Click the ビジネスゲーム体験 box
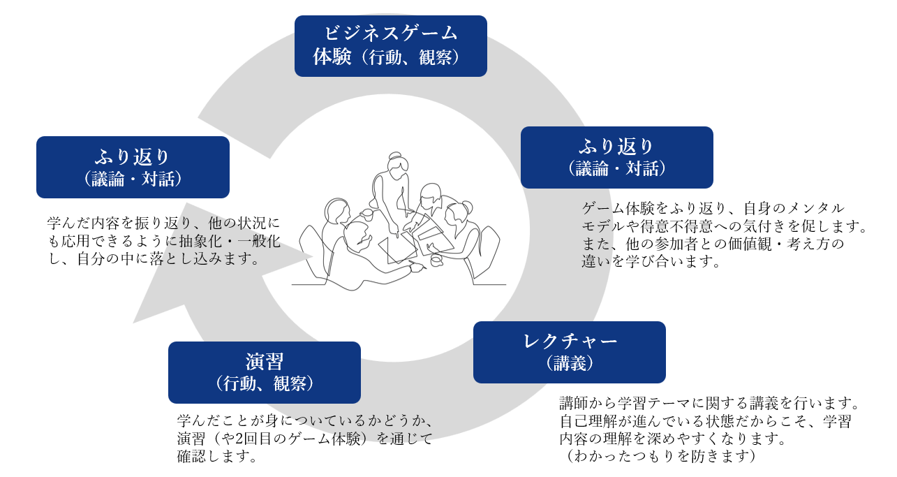click(x=390, y=45)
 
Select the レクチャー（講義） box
click(x=569, y=352)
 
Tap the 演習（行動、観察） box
click(x=264, y=372)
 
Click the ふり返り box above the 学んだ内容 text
click(x=133, y=167)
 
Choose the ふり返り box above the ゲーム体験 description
click(x=616, y=157)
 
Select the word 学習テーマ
click(x=662, y=404)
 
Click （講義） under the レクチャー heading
click(x=569, y=363)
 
